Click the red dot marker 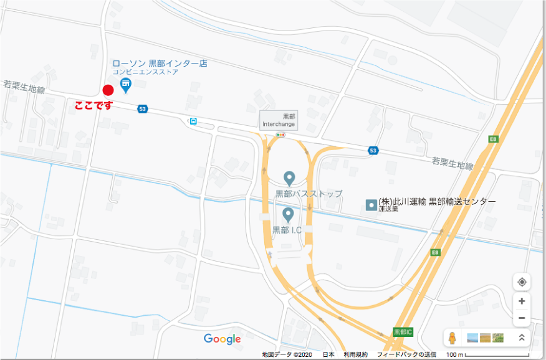[x=108, y=90]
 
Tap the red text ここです [x=93, y=106]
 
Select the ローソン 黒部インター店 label [x=160, y=64]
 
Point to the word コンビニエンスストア [x=145, y=72]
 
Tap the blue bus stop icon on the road [x=193, y=121]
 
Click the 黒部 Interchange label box [x=279, y=120]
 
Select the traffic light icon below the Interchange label [x=280, y=134]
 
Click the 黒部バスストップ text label [x=309, y=194]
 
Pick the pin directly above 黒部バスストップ [x=289, y=178]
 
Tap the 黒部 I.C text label [x=287, y=230]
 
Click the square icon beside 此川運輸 [x=371, y=204]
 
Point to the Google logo [x=222, y=339]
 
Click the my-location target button [x=522, y=282]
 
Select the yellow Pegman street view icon [x=453, y=338]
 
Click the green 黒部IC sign [x=403, y=331]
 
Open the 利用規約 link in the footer [x=355, y=354]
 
